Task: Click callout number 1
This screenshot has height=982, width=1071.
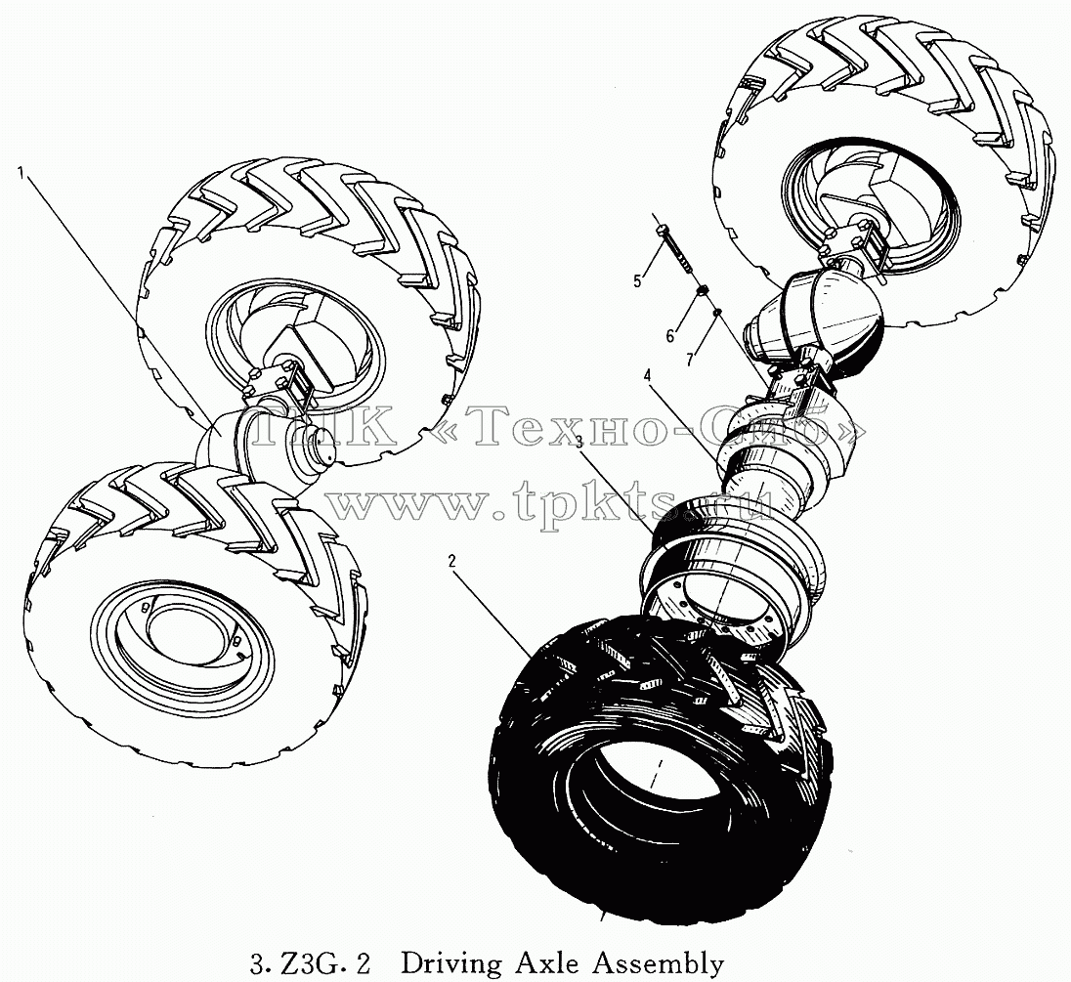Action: coord(21,174)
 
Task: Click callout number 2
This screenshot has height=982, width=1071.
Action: coord(451,561)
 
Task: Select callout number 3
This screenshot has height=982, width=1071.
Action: coord(579,442)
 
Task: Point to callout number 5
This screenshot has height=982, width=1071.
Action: coord(637,280)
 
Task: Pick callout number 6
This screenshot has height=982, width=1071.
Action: coord(670,336)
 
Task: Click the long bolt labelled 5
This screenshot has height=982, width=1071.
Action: coord(675,252)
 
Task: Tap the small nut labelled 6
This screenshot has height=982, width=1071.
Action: coord(700,291)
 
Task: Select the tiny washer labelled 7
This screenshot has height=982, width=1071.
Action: coord(717,313)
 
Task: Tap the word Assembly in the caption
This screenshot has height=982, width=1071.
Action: coord(658,964)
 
